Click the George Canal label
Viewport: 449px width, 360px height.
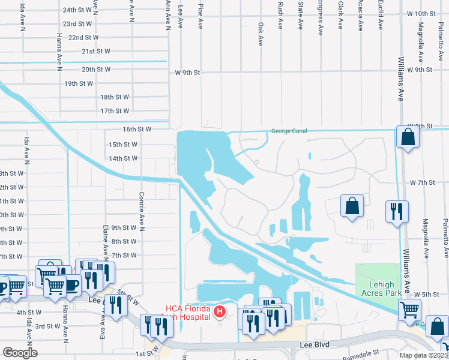coord(289,131)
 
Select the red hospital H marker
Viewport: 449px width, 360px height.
coord(220,311)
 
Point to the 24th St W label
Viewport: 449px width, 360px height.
coord(77,10)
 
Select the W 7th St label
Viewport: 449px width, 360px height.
coord(422,182)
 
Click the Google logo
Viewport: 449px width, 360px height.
coord(20,352)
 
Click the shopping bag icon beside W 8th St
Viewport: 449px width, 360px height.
coord(408,137)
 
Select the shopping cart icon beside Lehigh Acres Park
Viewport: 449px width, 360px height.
coord(410,310)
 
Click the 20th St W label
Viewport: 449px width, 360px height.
coord(96,69)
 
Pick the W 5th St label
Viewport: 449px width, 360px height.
coord(427,294)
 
